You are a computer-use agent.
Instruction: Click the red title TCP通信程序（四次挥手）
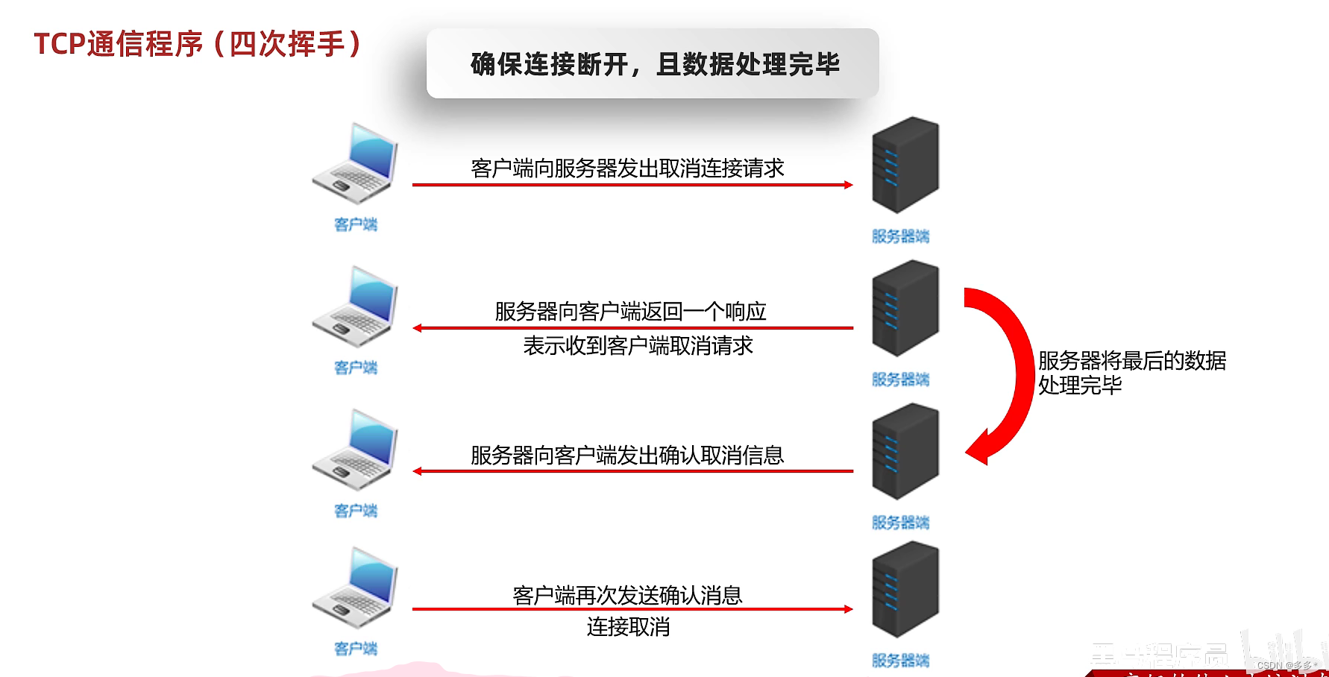coord(198,44)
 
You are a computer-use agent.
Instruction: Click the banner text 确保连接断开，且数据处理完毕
coord(655,64)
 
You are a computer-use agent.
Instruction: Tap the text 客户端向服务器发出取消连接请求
coord(627,169)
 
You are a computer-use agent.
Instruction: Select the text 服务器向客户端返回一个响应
coord(630,311)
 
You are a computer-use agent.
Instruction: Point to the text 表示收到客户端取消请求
coord(638,346)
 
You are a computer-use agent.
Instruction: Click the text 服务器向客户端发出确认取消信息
coord(627,455)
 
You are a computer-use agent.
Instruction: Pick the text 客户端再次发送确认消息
coord(627,595)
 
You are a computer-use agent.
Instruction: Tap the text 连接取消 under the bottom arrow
coord(628,627)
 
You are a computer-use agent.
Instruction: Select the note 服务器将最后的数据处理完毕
coord(1131,373)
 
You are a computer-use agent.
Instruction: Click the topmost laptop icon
coord(355,164)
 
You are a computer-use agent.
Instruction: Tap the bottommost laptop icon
coord(355,588)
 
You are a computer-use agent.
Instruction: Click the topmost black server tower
coord(905,165)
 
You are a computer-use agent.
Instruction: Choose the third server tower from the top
coord(905,451)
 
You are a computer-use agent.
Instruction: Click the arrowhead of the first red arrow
coord(848,185)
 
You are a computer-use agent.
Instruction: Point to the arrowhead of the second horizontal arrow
coord(418,328)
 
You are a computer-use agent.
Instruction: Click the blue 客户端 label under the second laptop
coord(356,368)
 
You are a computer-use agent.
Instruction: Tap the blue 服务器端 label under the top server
coord(900,236)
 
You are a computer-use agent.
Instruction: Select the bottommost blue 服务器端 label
coord(900,661)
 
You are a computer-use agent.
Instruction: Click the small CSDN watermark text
coord(1284,665)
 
